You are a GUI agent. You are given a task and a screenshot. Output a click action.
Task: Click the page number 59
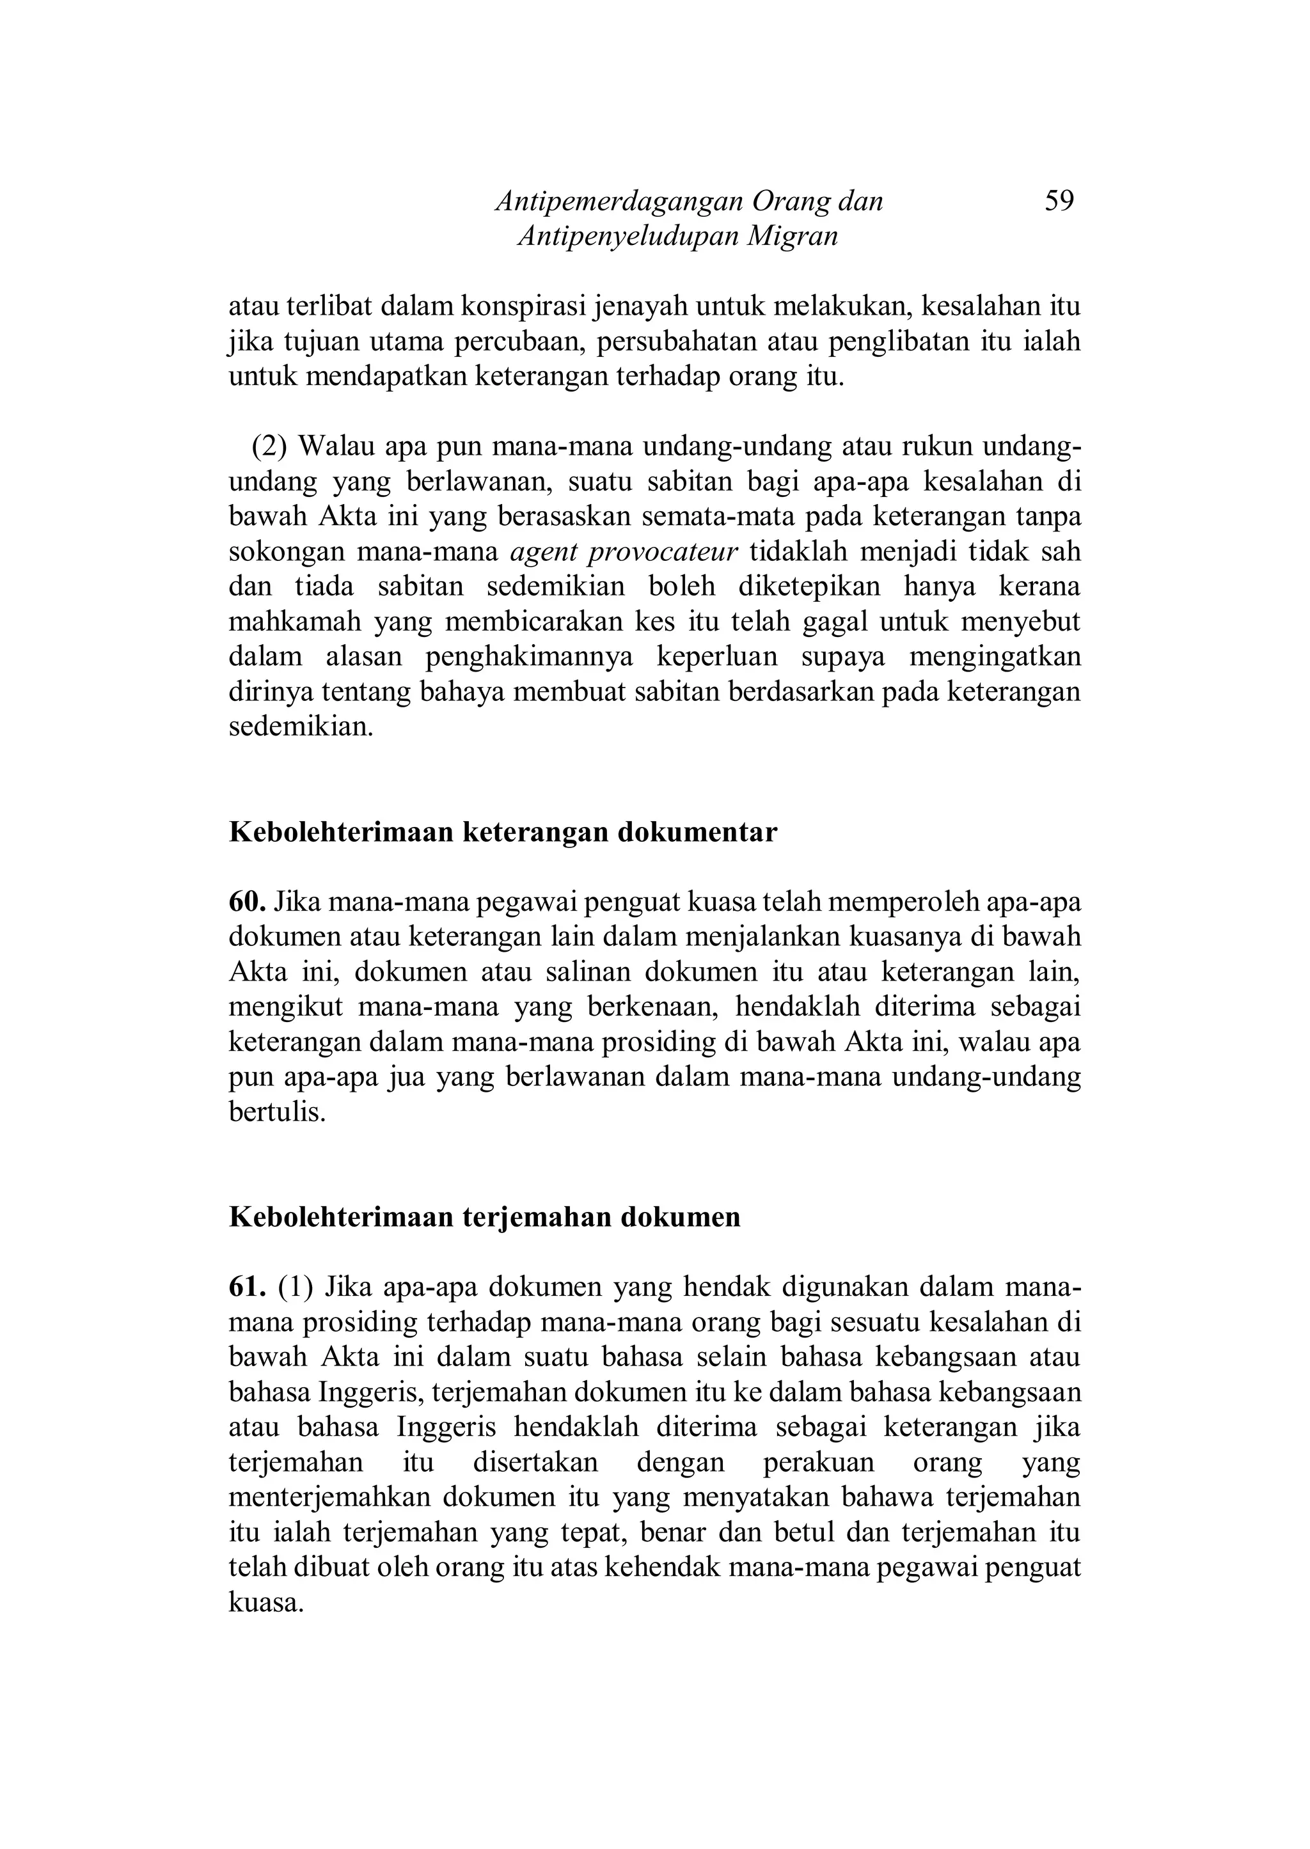(1059, 200)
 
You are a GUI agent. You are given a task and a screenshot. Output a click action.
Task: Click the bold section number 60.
(247, 902)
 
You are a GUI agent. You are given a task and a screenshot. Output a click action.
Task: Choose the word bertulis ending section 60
(277, 1113)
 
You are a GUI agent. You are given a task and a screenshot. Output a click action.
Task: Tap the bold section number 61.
(247, 1287)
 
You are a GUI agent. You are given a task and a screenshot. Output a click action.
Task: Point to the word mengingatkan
(995, 657)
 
